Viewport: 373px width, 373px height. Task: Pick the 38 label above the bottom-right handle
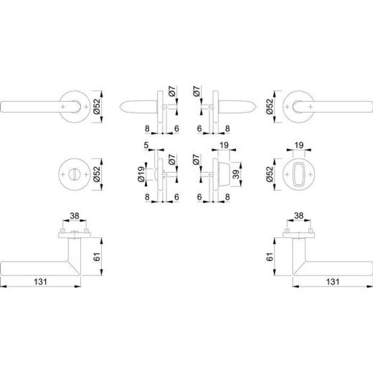pyautogui.click(x=300, y=214)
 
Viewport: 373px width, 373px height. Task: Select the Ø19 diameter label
pyautogui.click(x=141, y=176)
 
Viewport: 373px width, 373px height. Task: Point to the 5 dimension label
pyautogui.click(x=146, y=147)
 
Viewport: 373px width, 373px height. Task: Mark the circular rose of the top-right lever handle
pyautogui.click(x=298, y=105)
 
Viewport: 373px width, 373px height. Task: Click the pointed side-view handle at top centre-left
pyautogui.click(x=140, y=105)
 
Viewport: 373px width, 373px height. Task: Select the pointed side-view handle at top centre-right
pyautogui.click(x=232, y=105)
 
